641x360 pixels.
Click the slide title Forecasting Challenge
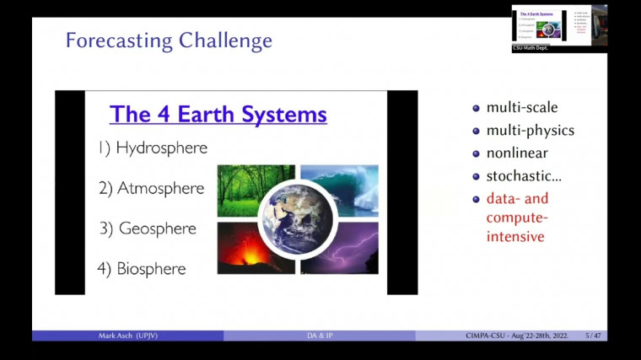[x=169, y=40]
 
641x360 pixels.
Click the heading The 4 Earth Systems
[x=218, y=114]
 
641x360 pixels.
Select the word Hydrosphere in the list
[x=161, y=148]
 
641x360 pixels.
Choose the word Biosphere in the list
[x=152, y=269]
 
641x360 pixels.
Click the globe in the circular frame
[x=297, y=219]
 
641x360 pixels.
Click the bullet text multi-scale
[x=522, y=107]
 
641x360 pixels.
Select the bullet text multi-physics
[x=530, y=131]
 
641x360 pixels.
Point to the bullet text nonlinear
[x=517, y=153]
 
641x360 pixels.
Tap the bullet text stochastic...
[x=523, y=176]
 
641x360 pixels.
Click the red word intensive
[x=515, y=237]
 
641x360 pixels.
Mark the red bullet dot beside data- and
[x=477, y=199]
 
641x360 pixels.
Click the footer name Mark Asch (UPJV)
[x=128, y=336]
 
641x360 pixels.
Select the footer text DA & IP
[x=320, y=336]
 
